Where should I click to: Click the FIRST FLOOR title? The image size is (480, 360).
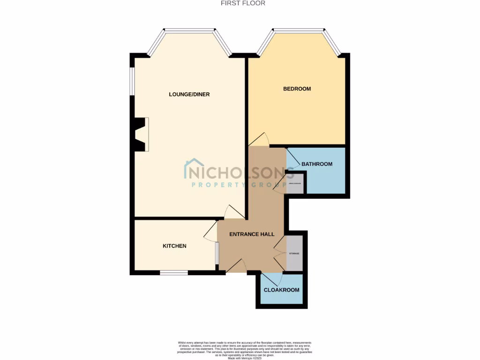[243, 3]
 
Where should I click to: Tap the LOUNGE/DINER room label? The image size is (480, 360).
[189, 94]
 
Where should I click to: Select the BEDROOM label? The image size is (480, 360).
[297, 89]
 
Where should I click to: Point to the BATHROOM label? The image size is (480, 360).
[317, 164]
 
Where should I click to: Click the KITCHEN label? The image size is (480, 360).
[174, 246]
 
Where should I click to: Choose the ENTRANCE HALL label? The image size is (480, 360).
[252, 234]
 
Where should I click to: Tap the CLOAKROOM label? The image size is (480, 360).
[281, 290]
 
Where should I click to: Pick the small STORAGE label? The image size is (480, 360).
[294, 254]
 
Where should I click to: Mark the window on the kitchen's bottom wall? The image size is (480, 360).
[173, 272]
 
